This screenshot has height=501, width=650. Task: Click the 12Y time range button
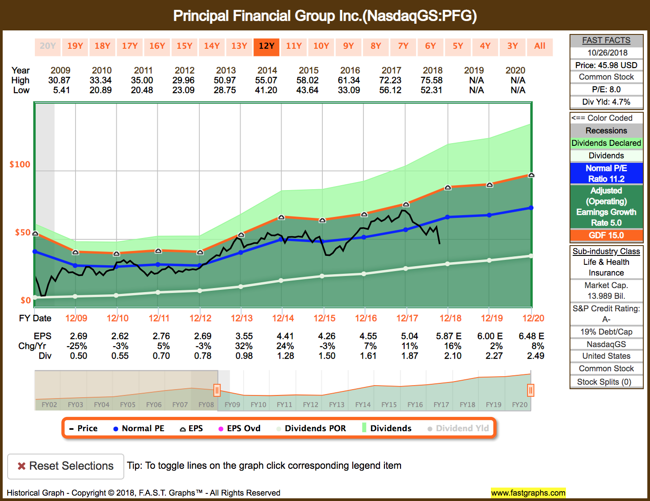coord(266,46)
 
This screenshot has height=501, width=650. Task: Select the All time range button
coord(540,46)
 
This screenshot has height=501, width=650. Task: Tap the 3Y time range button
coord(512,46)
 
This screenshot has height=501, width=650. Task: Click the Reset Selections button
coord(66,466)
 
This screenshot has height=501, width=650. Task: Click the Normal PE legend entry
coord(139,429)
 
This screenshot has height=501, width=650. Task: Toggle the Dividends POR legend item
coord(311,429)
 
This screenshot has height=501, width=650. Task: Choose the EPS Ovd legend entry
coord(240,429)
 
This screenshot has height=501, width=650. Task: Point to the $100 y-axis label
coord(20,164)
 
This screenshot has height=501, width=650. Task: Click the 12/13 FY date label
coord(242,318)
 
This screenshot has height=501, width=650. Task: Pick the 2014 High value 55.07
coord(266,81)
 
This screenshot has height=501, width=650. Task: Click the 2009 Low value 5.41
coord(61,90)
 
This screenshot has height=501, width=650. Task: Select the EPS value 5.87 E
coord(449,336)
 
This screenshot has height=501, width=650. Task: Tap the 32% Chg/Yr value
coord(244,346)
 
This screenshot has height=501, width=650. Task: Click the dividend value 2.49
coord(536,356)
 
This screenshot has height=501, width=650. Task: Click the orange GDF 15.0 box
coord(606,235)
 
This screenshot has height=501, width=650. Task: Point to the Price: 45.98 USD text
coord(606,65)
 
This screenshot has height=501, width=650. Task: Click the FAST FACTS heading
coord(606,40)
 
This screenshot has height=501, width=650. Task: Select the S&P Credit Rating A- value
coord(606,319)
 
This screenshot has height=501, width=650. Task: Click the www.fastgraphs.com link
coord(528,493)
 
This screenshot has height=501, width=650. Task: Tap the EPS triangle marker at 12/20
coord(531,175)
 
